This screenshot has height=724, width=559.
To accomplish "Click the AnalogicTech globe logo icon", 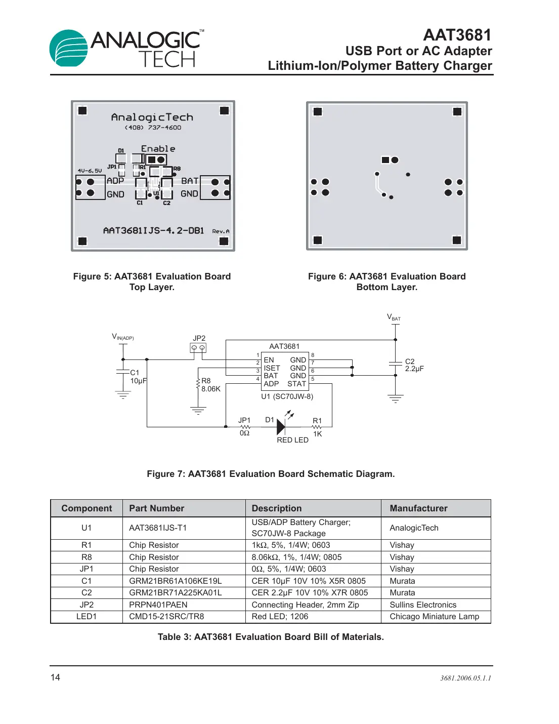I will (68, 49).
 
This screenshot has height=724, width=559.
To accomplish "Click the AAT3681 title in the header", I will (457, 35).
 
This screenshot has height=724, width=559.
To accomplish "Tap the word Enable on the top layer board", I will (158, 148).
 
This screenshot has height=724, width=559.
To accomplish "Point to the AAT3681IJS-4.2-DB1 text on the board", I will (153, 230).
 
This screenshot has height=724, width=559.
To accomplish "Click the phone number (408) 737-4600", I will (153, 128).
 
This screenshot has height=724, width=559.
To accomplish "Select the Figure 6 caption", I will (386, 281).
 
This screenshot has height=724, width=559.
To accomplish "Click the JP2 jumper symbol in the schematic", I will (198, 348).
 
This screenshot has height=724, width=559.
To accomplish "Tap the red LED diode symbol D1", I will (281, 427).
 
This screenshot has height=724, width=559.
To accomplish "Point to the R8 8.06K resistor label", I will (210, 385).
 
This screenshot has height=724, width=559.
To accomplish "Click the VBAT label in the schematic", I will (394, 317).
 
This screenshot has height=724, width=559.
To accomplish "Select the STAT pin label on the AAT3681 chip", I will (296, 384).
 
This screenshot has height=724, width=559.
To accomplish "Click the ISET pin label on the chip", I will (272, 368).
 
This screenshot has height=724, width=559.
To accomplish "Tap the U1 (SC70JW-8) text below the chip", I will (287, 396).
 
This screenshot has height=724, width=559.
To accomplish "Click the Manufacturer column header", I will (418, 508).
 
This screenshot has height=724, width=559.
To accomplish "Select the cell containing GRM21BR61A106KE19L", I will (175, 581).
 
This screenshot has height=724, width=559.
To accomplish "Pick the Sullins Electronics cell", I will (422, 605).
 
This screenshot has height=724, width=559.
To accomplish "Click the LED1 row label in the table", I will (87, 616).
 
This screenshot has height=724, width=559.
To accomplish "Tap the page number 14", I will (55, 677).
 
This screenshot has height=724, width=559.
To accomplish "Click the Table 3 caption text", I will (271, 637).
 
